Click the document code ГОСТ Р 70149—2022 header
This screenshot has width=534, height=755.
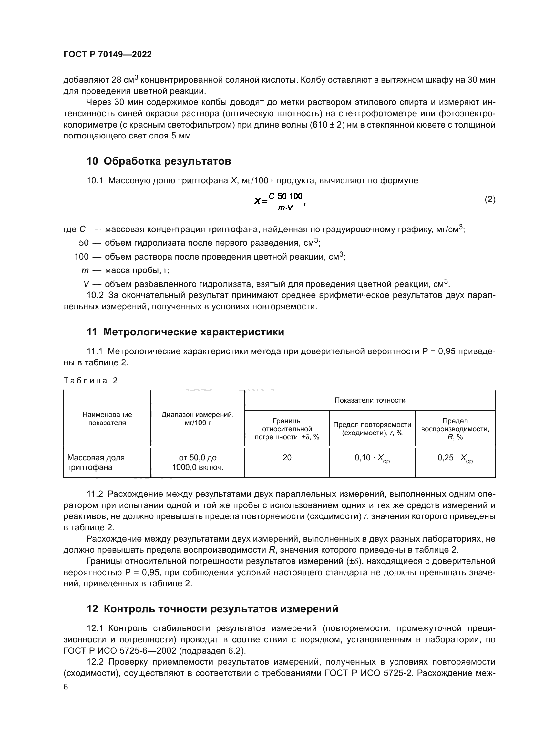(108, 54)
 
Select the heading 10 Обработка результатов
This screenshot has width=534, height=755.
(159, 161)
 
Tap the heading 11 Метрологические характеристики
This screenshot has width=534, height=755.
(185, 332)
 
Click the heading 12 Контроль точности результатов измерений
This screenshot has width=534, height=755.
(212, 609)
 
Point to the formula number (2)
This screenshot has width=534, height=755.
(490, 199)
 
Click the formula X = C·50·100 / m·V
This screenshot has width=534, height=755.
(280, 201)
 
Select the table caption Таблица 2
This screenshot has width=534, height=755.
(90, 381)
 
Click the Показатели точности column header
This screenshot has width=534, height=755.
(370, 400)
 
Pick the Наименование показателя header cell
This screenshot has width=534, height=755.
(107, 419)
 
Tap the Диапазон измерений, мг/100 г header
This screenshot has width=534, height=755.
(198, 419)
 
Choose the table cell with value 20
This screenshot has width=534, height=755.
(287, 457)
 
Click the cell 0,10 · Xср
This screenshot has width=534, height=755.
(372, 458)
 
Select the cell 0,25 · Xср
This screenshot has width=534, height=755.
(455, 458)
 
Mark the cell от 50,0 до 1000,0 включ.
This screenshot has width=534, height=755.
(198, 462)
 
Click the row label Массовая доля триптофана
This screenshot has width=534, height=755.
(96, 462)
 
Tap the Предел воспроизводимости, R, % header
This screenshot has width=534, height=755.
(455, 429)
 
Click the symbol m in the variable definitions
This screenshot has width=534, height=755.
(85, 270)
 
